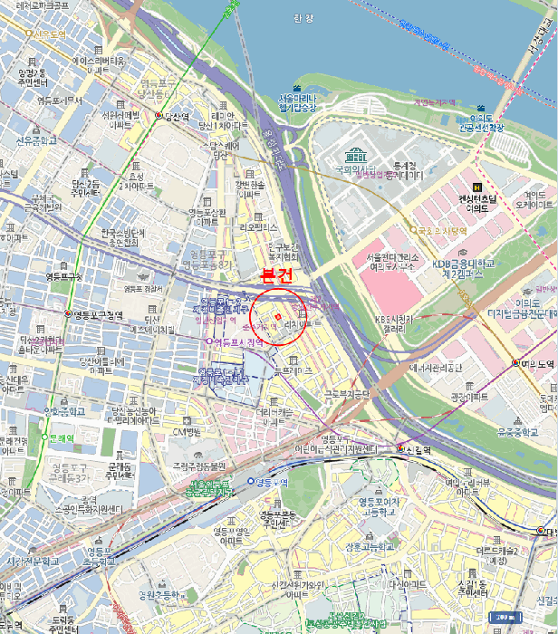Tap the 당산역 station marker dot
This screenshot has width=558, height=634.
coord(159,116)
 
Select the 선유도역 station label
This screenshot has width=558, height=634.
coord(50,34)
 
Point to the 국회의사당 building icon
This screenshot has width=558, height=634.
coord(355,155)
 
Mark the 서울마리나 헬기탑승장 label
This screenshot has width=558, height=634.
coord(298,103)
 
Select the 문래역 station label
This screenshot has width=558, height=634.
coord(61,437)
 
